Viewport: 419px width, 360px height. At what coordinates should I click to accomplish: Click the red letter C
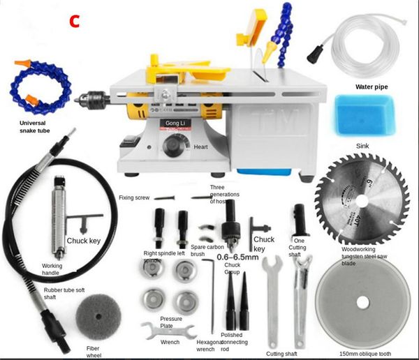(x=75, y=20)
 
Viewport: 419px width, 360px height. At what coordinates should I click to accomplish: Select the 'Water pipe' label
(x=372, y=87)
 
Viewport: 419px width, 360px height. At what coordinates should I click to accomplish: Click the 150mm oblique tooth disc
(x=362, y=302)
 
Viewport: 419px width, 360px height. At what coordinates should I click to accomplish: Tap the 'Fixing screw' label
(x=135, y=197)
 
